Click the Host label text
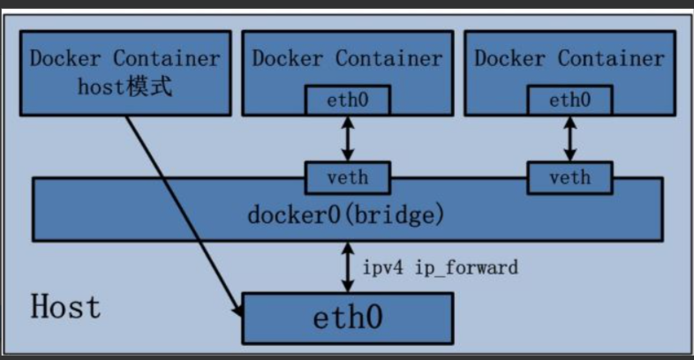65,306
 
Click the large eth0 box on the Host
348,319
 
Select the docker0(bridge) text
345,215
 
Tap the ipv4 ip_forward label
441,267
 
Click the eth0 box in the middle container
348,101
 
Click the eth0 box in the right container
570,101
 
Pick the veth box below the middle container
348,177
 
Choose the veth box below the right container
570,177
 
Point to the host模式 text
124,86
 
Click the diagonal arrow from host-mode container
185,216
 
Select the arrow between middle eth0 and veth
348,139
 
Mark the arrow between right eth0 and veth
570,139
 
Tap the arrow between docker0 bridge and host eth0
348,267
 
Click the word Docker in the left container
65,58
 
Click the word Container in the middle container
389,58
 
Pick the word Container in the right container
611,58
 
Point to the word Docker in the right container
509,58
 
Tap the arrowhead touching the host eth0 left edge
238,309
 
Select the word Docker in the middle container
288,58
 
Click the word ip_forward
466,268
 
